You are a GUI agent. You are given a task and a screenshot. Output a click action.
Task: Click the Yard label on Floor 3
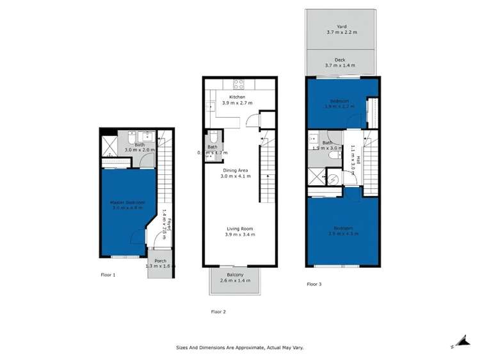pos(340,27)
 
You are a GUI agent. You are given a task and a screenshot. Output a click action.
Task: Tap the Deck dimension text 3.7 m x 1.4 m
pos(340,65)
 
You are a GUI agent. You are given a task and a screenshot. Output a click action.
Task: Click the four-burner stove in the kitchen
pos(240,83)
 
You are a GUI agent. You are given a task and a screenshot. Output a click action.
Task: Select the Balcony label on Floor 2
pos(234,274)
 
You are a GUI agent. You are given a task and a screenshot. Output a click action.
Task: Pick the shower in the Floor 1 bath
pos(109,139)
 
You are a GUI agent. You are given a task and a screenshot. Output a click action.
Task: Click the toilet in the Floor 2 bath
pos(213,136)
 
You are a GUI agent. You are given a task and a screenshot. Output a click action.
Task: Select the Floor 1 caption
pos(108,275)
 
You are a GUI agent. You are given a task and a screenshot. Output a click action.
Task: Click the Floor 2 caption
pos(218,312)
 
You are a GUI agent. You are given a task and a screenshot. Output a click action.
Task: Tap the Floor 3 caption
pos(314,284)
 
